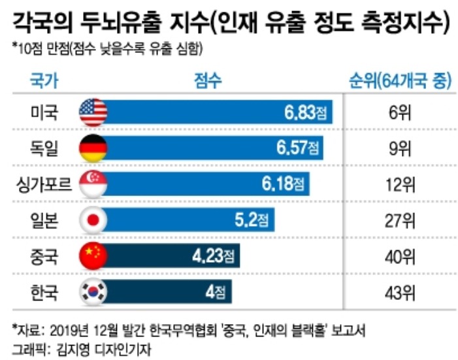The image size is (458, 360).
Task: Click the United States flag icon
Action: tap(93, 113)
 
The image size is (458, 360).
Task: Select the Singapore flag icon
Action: tap(93, 185)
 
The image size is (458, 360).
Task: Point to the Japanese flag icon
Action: tap(93, 221)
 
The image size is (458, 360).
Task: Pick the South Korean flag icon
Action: tap(93, 292)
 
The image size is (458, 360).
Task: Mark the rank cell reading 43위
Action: tap(397, 292)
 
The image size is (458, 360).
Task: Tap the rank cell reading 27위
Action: tap(397, 221)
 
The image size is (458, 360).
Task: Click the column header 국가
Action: tap(44, 81)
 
